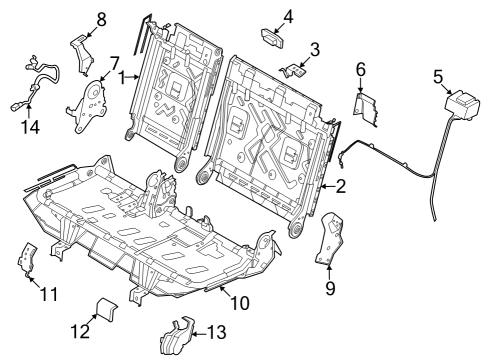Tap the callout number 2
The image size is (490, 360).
(x=340, y=187)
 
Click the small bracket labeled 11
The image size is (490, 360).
(x=27, y=259)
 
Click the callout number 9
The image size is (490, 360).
(x=329, y=290)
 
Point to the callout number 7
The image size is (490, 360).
(x=114, y=62)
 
